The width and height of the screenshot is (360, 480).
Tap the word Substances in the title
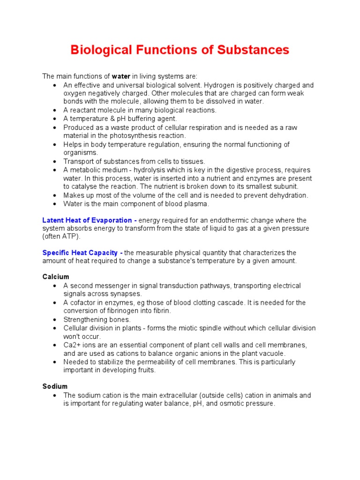[253, 50]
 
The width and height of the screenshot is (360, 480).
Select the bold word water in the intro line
[121, 76]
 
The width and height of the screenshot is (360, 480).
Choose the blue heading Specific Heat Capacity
[80, 253]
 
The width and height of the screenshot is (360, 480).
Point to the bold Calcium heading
[56, 277]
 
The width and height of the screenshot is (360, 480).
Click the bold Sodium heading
[55, 386]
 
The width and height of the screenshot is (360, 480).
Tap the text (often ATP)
[58, 237]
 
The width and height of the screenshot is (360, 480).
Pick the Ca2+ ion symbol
[71, 345]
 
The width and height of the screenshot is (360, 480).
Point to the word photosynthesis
[122, 136]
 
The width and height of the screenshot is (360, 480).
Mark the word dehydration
[287, 195]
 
